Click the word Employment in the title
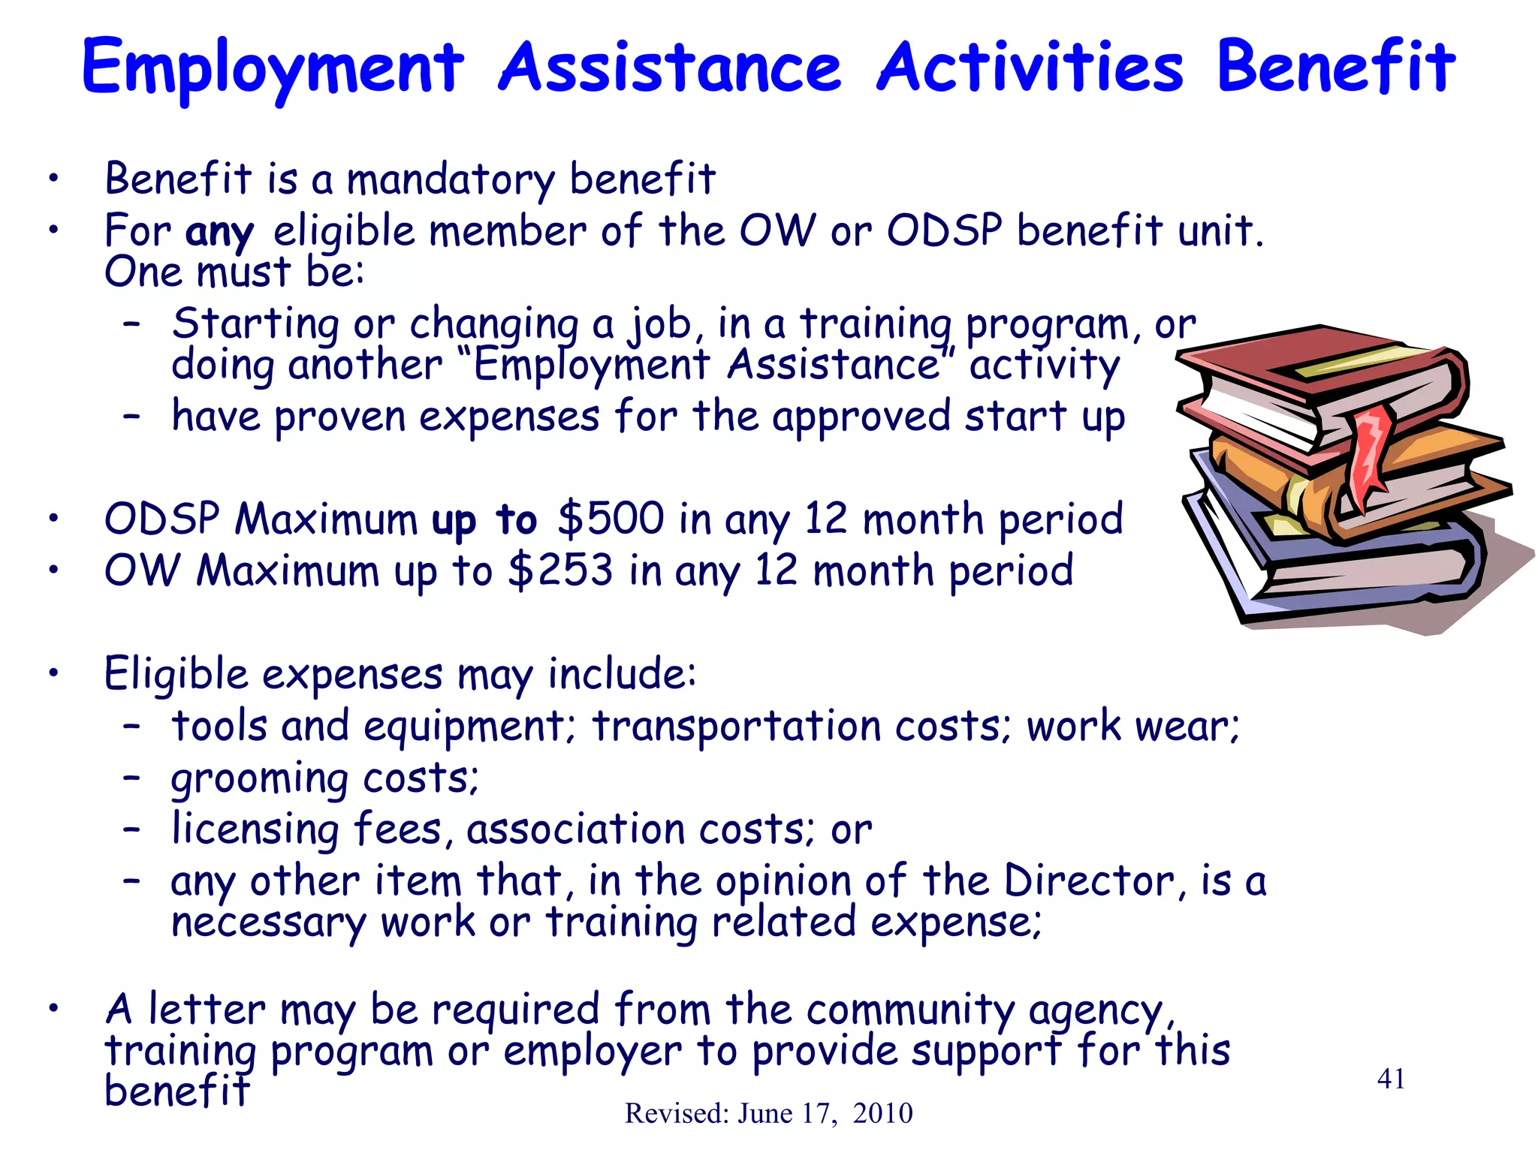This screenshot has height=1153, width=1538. pos(273,69)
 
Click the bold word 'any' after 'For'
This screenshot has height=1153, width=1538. pos(219,232)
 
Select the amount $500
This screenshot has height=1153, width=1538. pos(611,519)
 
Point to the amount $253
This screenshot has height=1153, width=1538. pos(560,570)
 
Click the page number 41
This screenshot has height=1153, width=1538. pos(1391,1079)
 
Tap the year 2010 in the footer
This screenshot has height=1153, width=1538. pos(882,1113)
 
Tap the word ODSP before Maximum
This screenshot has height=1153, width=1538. pos(162,519)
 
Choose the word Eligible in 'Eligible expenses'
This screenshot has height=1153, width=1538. pos(176,673)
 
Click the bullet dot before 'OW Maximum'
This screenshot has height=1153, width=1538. pos(53,570)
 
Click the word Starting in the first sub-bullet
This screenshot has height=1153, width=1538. pos(255,324)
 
